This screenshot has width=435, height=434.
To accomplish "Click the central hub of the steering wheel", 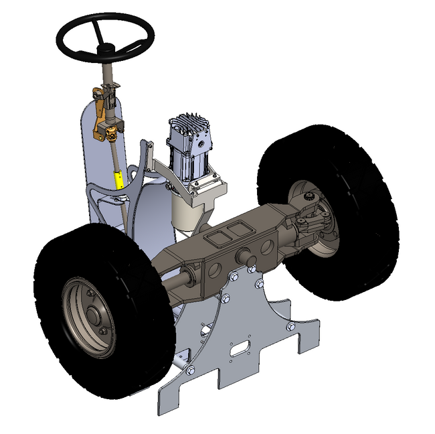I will coord(106,48).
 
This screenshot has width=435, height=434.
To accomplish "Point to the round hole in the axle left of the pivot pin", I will coord(215,270).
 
